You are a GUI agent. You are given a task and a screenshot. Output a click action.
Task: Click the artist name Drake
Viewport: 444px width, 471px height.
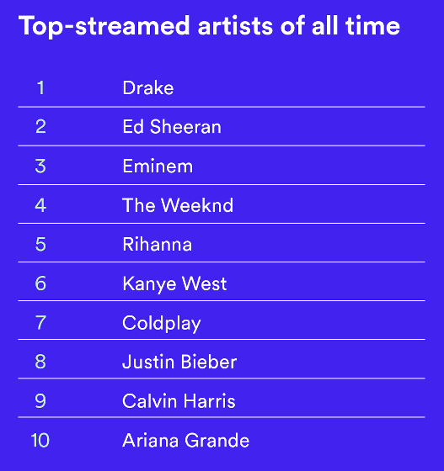coord(148,87)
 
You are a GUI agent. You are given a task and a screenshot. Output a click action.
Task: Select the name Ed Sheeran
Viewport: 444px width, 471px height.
coord(172,126)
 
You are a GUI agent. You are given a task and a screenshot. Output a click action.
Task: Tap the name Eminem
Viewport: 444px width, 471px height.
coord(158,166)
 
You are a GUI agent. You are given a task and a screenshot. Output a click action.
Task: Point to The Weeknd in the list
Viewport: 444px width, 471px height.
coord(178,205)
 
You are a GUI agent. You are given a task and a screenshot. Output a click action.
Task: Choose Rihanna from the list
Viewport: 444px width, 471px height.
coord(158,244)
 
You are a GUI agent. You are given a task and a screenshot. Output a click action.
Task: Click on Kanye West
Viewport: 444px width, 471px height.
coord(174,284)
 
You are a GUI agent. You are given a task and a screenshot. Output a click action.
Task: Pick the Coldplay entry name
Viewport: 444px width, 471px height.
coord(162,323)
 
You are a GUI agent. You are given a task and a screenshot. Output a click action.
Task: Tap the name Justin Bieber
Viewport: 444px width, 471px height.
coord(179,362)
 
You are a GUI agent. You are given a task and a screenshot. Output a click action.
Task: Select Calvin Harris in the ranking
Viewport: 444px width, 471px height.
coord(179,400)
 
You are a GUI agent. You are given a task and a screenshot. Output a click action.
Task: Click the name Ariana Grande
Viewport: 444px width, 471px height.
coord(186,441)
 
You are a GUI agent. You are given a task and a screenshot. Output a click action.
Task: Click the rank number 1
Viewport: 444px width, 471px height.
coord(40,87)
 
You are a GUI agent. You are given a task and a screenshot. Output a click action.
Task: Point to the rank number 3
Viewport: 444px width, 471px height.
coord(40,166)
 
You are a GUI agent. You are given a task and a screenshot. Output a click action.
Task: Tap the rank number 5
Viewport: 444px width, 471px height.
coord(40,244)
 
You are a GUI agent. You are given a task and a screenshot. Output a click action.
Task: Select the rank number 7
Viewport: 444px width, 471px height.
coord(40,323)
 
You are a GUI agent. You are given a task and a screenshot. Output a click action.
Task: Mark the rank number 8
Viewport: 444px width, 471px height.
coord(40,362)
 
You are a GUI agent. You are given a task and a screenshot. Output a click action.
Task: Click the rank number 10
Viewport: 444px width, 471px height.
coord(40,441)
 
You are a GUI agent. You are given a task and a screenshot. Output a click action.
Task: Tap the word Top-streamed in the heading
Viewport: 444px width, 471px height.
coord(104,27)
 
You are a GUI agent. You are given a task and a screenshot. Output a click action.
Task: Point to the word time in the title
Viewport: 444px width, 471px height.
coord(373,26)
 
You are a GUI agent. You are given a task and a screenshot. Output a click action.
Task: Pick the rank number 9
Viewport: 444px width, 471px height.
coord(40,400)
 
